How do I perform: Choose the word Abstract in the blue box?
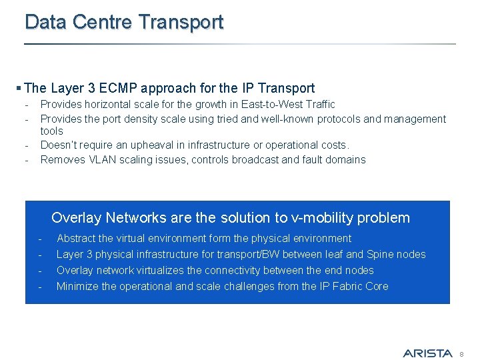[x=76, y=238]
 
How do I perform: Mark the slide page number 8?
[x=461, y=353]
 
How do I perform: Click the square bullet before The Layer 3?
[x=19, y=88]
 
